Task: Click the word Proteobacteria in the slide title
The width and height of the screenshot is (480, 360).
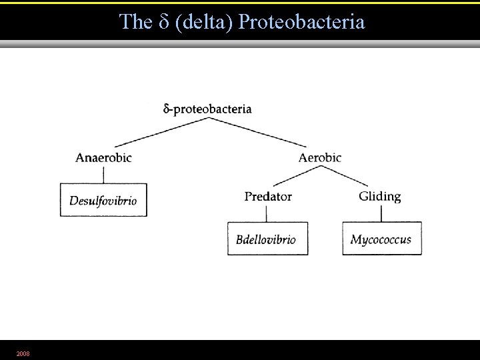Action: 301,22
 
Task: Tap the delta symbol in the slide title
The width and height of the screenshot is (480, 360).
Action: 167,22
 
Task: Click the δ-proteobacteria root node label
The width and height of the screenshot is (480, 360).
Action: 207,109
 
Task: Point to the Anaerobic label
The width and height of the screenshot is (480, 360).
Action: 103,158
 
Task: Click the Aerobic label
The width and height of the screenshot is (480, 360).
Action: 320,158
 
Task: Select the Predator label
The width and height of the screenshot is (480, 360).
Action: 268,197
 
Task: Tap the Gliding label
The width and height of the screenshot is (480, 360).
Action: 379,196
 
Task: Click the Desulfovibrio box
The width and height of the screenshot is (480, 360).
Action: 103,199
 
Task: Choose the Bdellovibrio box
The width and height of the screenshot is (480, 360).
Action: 267,239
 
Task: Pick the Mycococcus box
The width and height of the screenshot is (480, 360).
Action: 381,239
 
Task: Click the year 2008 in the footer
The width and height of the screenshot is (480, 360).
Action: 23,353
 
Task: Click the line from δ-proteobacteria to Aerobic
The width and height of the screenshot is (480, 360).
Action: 258,132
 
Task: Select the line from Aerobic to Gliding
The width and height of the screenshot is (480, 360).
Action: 345,176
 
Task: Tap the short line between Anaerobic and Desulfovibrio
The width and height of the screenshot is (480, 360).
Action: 103,174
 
